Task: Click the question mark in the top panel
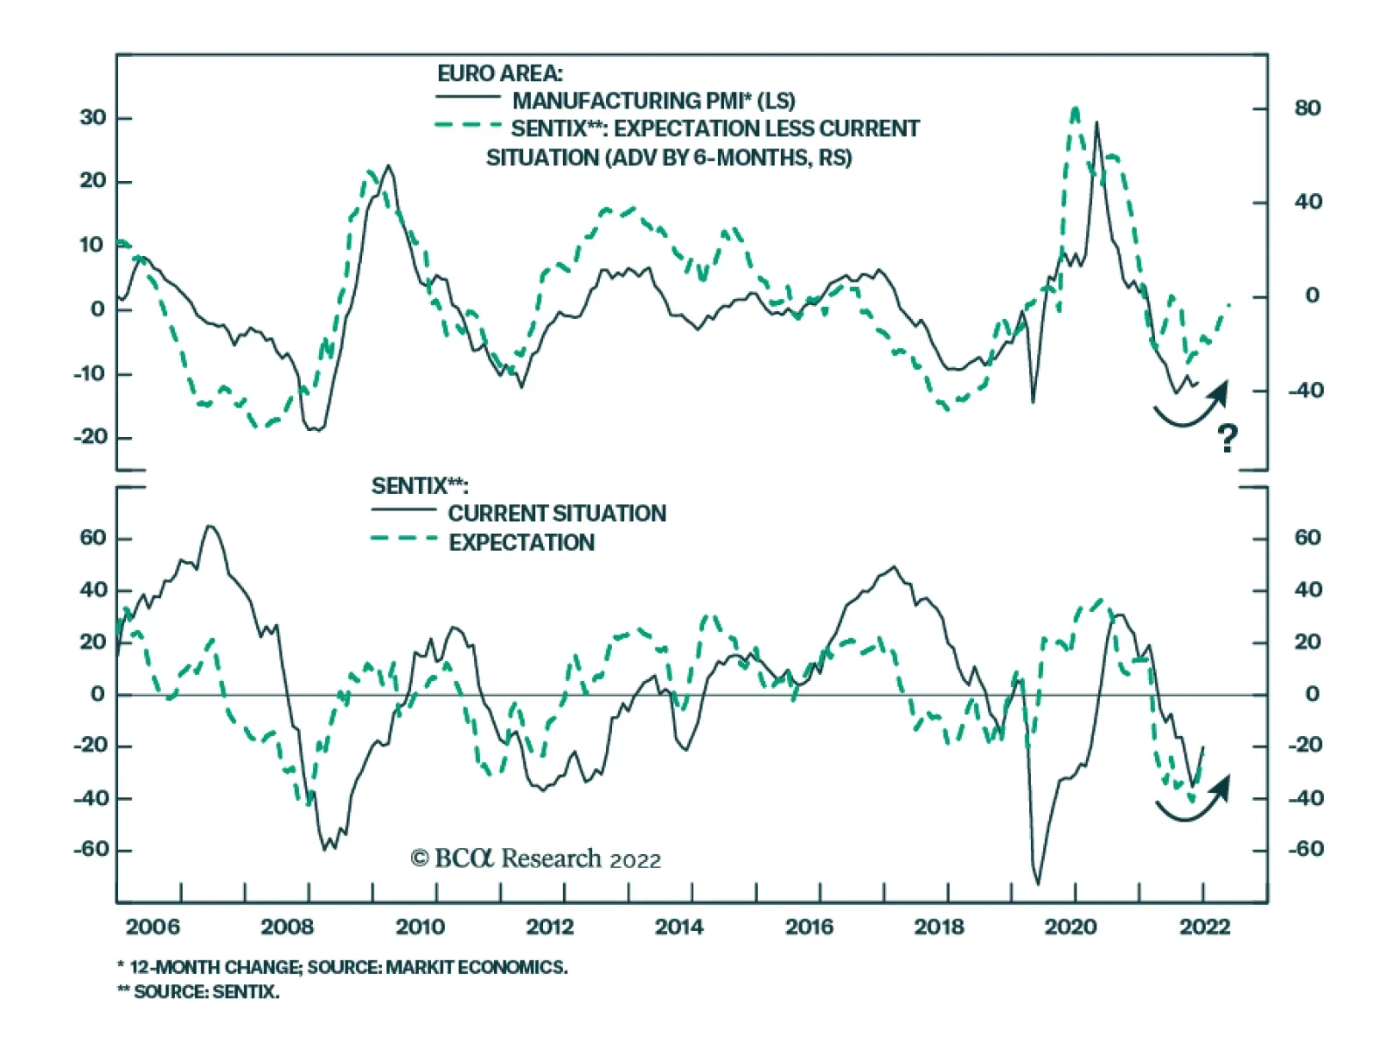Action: pyautogui.click(x=1228, y=437)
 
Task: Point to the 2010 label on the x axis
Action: pyautogui.click(x=420, y=927)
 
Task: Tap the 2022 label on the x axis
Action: pyautogui.click(x=1204, y=927)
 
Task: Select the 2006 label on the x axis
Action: pyautogui.click(x=152, y=927)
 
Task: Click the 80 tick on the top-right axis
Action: pyautogui.click(x=1307, y=108)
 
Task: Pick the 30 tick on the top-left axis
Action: pyautogui.click(x=93, y=118)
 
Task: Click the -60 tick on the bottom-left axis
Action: pyautogui.click(x=91, y=850)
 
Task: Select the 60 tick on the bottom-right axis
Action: pyautogui.click(x=1307, y=538)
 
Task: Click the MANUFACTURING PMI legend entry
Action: pyautogui.click(x=653, y=101)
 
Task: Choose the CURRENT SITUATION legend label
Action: pyautogui.click(x=557, y=513)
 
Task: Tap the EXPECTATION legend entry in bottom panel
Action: pyautogui.click(x=521, y=543)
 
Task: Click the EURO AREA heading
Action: pyautogui.click(x=500, y=73)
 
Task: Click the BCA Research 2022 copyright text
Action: pyautogui.click(x=535, y=859)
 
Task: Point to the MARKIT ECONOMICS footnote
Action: pyautogui.click(x=342, y=967)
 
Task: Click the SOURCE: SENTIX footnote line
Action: pyautogui.click(x=198, y=992)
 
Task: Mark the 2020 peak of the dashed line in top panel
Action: pyautogui.click(x=1075, y=109)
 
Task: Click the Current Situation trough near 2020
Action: pyautogui.click(x=1038, y=884)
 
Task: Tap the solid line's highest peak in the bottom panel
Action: pyautogui.click(x=210, y=526)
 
